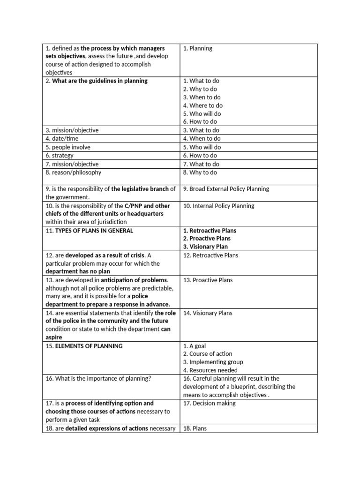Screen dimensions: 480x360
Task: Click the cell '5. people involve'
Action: coord(68,147)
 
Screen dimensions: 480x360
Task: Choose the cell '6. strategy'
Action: coord(59,156)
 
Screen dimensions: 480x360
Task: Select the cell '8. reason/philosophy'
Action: coord(73,172)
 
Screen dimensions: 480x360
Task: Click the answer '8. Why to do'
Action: coord(200,172)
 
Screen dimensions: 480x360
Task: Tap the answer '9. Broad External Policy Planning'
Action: coord(226,189)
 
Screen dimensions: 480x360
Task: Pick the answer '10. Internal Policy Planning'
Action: coord(218,206)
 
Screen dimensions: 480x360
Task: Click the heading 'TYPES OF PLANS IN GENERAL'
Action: coord(94,231)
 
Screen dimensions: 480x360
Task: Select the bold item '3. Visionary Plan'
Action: coord(205,247)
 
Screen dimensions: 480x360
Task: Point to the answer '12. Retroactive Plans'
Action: coord(210,255)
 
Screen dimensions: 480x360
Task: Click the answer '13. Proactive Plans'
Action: coord(208,280)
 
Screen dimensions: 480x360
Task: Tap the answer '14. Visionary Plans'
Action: coord(208,313)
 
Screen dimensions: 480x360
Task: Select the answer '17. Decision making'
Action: coord(209,403)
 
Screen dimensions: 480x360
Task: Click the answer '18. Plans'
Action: coord(195,428)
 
